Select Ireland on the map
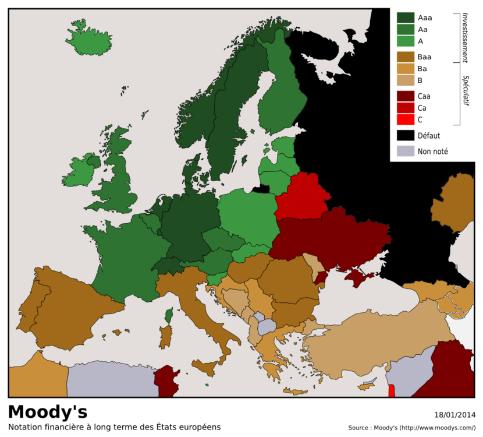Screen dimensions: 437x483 click(x=79, y=172)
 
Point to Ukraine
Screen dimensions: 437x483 click(x=332, y=239)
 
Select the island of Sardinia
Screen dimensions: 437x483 click(x=165, y=337)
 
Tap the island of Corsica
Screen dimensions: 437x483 click(x=169, y=316)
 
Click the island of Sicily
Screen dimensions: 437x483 click(x=204, y=368)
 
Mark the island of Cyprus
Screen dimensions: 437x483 click(x=367, y=386)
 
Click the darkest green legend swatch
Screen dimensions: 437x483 click(x=406, y=17)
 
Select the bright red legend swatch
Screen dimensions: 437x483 click(x=406, y=119)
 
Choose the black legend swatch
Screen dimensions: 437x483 click(x=406, y=135)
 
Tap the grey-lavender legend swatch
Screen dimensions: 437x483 click(x=406, y=151)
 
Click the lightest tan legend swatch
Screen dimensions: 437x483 click(x=406, y=80)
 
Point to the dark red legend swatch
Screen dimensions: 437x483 click(x=406, y=96)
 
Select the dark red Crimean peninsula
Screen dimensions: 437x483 click(x=356, y=277)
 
